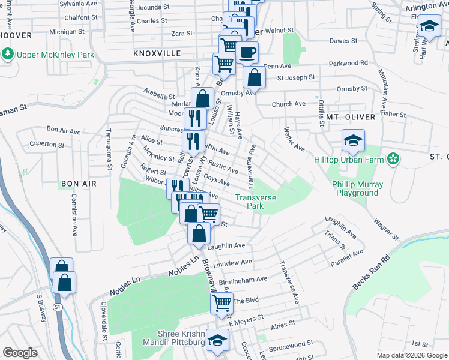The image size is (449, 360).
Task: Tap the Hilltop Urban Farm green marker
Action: (x=393, y=159)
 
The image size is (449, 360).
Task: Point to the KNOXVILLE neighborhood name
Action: (x=157, y=53)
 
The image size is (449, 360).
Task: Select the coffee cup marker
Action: (x=247, y=52)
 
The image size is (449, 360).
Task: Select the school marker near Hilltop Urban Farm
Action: (x=354, y=141)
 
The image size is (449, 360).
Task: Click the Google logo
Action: (x=20, y=352)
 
